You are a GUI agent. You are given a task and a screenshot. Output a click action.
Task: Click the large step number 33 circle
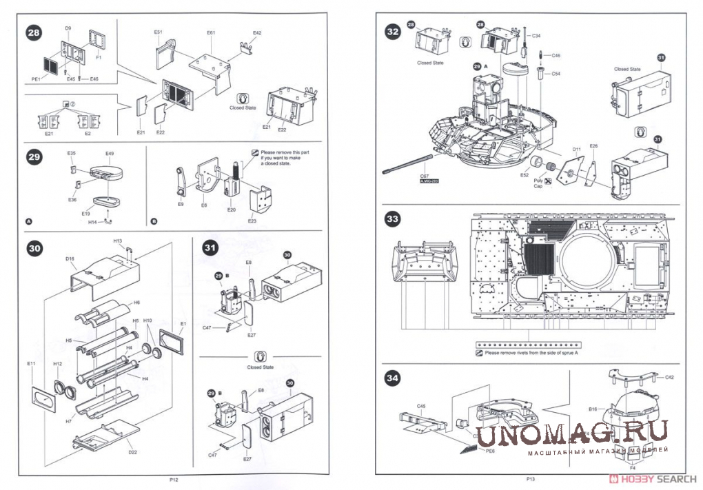(x=393, y=219)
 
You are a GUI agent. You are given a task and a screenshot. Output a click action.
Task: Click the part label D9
(x=68, y=28)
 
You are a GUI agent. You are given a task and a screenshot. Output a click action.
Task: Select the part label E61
(x=211, y=32)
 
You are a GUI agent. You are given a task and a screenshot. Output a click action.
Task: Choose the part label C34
(x=536, y=35)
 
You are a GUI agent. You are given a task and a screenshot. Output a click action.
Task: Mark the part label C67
(x=425, y=176)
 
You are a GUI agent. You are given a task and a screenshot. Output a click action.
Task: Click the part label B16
(x=593, y=409)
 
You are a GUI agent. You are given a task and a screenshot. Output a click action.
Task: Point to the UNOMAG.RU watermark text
(x=572, y=433)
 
